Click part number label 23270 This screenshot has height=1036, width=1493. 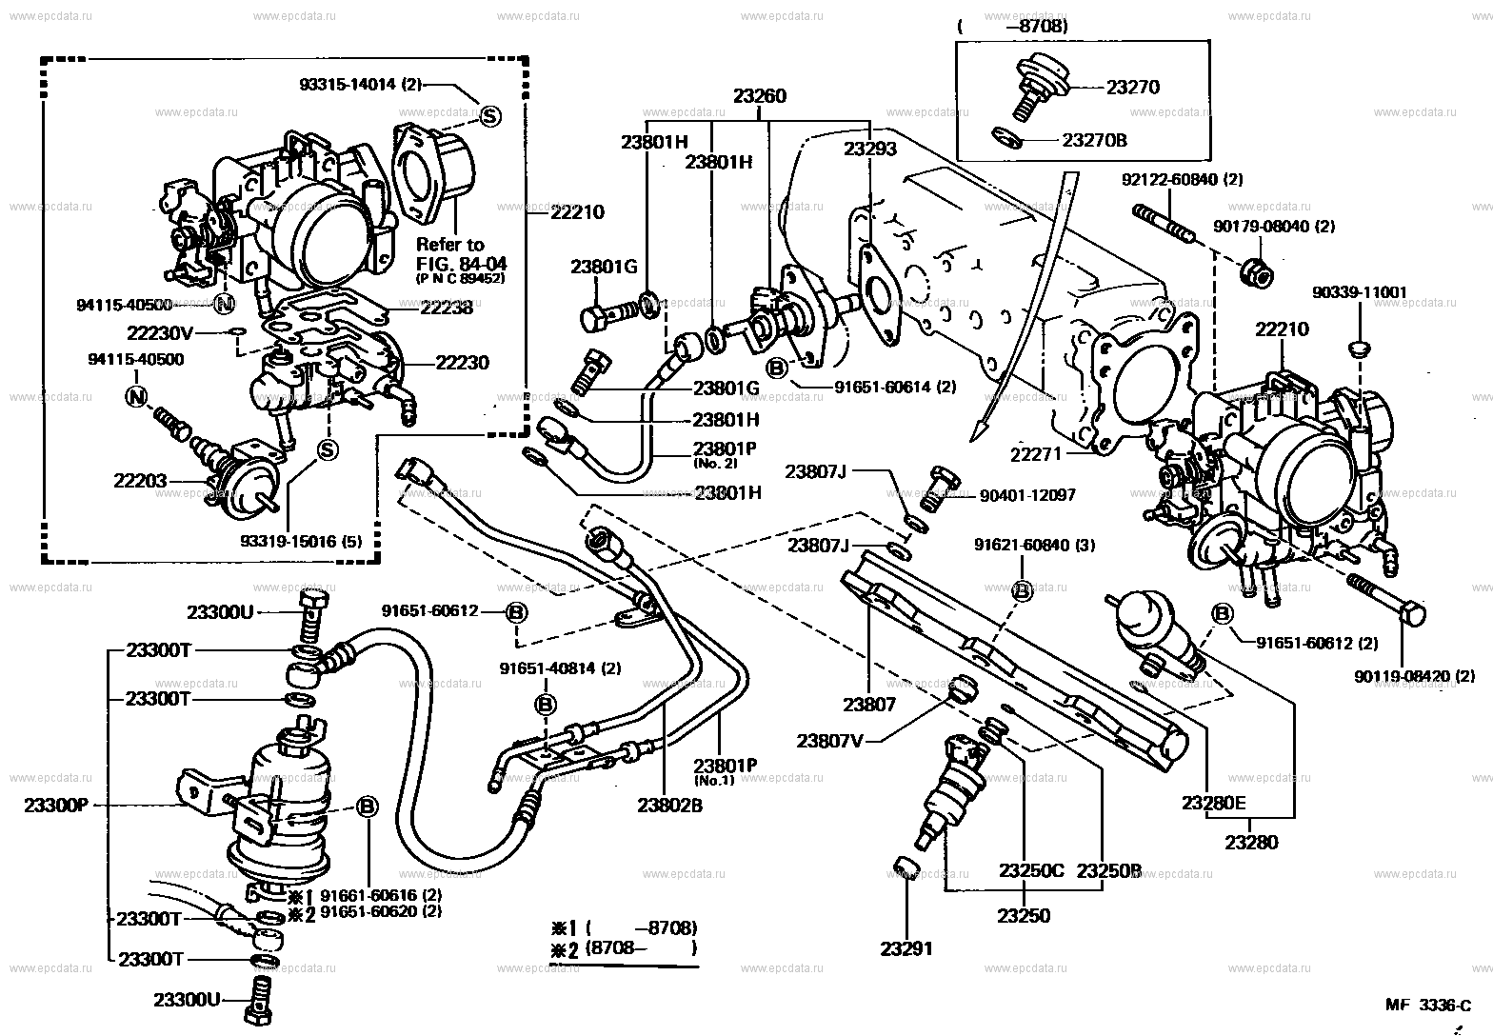[1133, 87]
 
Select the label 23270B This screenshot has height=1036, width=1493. [1095, 140]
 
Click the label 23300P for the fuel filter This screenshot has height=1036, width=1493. [55, 805]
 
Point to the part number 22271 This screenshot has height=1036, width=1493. [1036, 456]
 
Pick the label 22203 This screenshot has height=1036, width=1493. [140, 481]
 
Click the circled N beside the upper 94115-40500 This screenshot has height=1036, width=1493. [225, 305]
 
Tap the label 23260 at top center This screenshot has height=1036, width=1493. [760, 96]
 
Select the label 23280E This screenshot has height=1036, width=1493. [1213, 803]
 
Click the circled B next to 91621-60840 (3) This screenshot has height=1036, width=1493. [1021, 590]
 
